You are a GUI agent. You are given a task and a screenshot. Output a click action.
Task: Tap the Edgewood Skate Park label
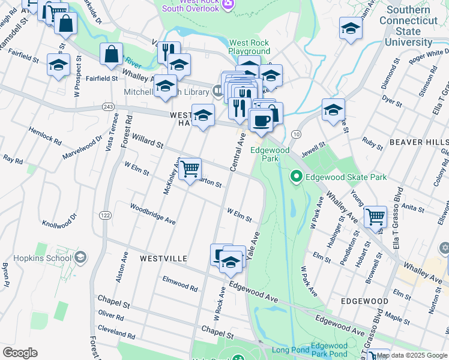point(346,176)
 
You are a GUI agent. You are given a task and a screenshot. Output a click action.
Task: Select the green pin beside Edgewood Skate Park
point(295,176)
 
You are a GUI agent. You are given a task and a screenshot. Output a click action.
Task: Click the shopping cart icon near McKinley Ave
point(190,170)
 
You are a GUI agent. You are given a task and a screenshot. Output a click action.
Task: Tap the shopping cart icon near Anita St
point(376,217)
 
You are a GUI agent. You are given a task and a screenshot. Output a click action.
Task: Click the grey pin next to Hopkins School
point(80,258)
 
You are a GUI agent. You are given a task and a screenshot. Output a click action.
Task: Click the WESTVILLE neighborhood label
point(163,259)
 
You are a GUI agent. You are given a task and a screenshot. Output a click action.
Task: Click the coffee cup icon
point(261,121)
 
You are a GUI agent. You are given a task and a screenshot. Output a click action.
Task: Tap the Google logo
point(20,353)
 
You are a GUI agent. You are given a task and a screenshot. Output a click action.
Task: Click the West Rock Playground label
point(249,47)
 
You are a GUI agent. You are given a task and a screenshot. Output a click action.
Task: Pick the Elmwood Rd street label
point(180,284)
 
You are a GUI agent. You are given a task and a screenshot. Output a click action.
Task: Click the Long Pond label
point(291,350)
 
